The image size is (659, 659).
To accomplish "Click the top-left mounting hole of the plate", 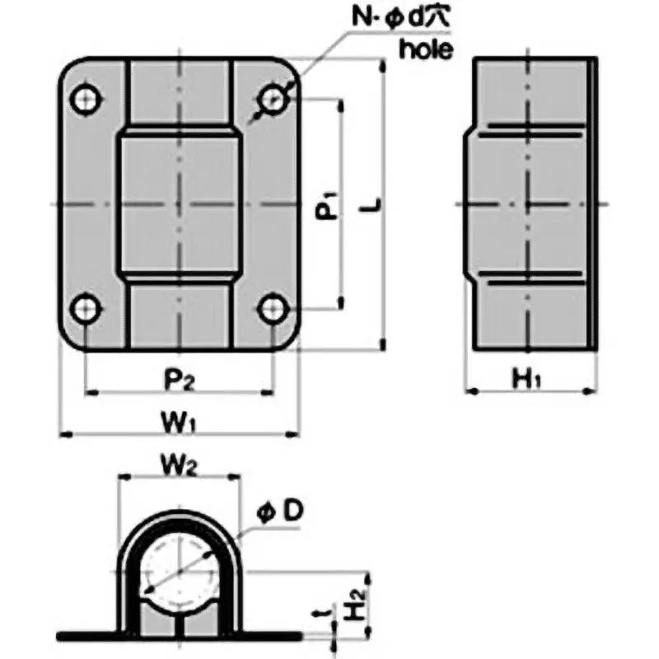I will [x=86, y=100].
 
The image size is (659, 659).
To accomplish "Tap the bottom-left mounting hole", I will [x=86, y=310].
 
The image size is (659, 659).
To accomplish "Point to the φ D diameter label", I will [x=281, y=512].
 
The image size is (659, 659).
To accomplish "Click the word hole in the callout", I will [x=425, y=49].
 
